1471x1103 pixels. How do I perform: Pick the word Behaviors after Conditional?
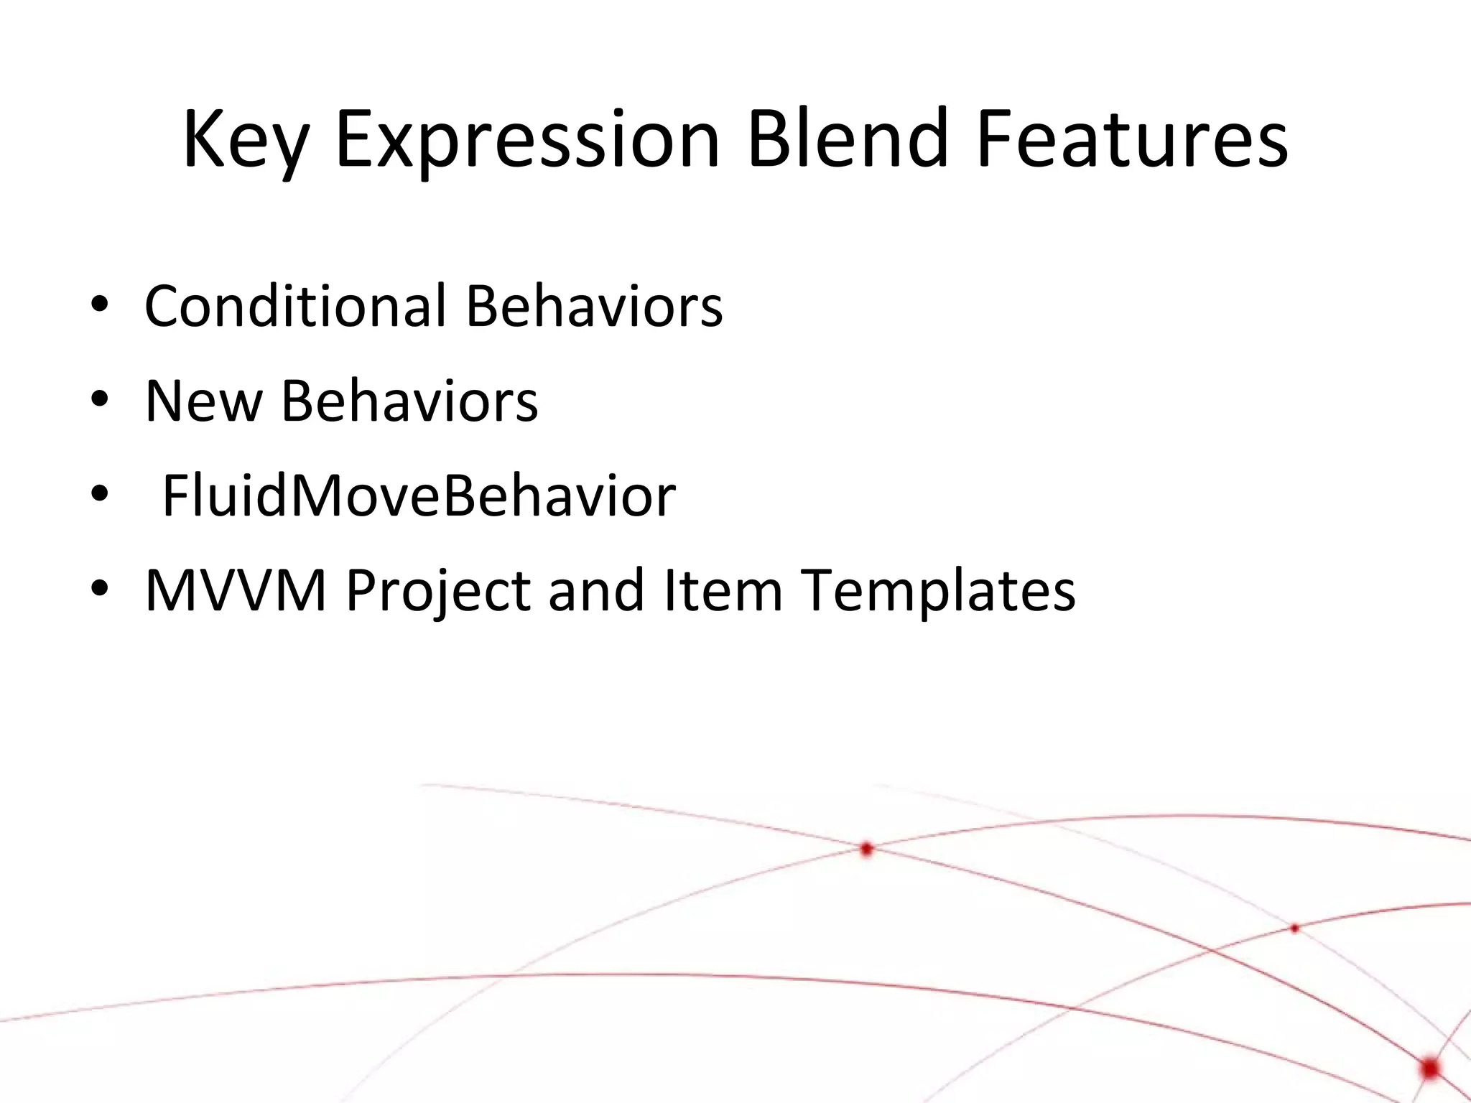coord(594,306)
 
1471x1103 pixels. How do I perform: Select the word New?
coord(203,401)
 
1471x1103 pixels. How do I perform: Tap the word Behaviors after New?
coord(409,401)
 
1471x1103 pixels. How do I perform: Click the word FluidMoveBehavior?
coord(419,495)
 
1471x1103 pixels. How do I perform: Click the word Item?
coord(723,590)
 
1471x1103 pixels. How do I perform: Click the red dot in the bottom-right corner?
coord(1429,1068)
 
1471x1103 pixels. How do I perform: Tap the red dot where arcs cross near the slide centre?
coord(866,849)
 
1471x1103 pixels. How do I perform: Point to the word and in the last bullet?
coord(596,590)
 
